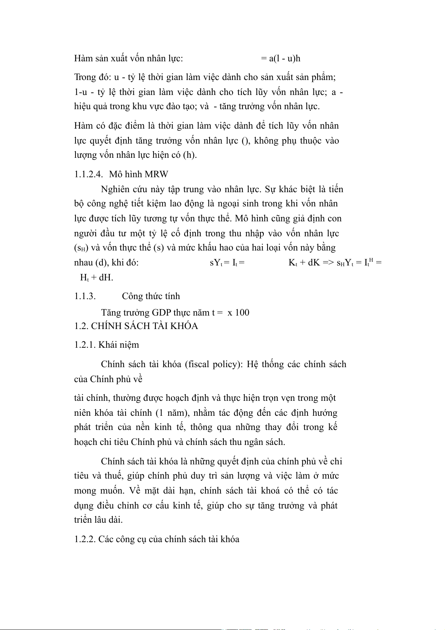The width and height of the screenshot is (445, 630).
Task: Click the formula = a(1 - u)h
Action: pos(281,59)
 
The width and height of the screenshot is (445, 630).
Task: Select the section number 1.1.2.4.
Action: pos(89,174)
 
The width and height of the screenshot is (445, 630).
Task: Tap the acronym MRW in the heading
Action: pos(157,174)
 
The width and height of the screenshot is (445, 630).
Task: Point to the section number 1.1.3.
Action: pos(85,296)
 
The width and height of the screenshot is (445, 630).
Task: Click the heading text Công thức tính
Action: pos(151,296)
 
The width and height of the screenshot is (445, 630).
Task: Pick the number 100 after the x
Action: pos(242,313)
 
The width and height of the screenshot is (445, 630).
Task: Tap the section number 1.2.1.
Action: pos(85,345)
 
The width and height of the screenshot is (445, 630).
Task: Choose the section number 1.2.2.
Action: pos(85,539)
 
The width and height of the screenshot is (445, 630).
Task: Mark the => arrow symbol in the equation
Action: pos(328,262)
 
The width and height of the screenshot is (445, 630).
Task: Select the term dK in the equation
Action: pos(314,262)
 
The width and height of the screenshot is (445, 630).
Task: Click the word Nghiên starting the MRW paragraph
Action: pos(115,189)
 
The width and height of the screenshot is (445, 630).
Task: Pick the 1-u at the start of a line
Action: pos(81,92)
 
